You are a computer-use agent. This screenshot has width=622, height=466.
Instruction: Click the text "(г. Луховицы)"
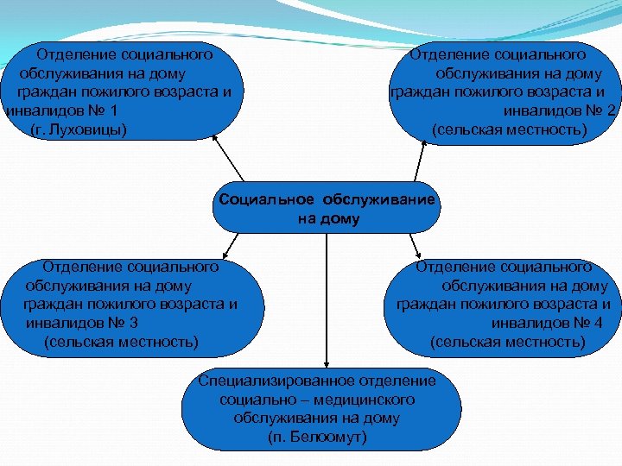(77, 130)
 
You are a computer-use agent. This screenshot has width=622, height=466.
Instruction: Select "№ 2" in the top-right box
(599, 111)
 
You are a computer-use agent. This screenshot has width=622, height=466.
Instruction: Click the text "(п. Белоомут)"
(317, 438)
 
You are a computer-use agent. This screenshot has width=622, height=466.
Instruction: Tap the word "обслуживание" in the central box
(380, 199)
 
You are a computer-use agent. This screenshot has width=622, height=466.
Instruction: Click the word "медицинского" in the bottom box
(362, 400)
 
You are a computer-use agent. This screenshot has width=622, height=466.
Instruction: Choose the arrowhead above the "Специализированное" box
(326, 366)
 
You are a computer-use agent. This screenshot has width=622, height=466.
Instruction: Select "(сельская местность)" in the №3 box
(120, 343)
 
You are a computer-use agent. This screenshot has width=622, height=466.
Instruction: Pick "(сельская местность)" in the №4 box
(507, 343)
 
